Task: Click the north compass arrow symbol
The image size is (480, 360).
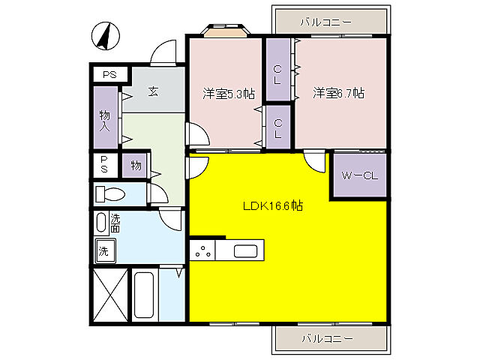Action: (106, 36)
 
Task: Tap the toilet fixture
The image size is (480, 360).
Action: (110, 194)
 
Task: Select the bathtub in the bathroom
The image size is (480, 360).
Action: (143, 295)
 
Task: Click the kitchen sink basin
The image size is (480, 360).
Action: (245, 251)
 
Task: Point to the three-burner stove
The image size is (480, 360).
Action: (202, 250)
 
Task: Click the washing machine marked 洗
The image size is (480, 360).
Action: (105, 251)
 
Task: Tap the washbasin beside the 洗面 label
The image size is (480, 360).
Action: (101, 223)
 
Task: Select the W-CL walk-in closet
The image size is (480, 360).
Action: (360, 175)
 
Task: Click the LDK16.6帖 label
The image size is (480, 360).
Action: (273, 205)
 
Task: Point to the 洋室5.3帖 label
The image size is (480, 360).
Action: (229, 94)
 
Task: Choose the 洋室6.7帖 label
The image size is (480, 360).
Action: (338, 93)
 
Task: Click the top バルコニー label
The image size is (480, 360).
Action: (326, 22)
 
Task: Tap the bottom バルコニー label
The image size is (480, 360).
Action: (328, 338)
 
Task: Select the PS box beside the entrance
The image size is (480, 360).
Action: (110, 74)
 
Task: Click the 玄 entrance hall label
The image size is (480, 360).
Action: (153, 91)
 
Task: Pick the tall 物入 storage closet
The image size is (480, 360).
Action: (105, 118)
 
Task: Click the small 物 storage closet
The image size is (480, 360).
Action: (135, 165)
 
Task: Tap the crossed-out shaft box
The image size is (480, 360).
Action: (110, 295)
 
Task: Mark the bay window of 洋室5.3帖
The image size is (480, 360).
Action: (226, 30)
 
